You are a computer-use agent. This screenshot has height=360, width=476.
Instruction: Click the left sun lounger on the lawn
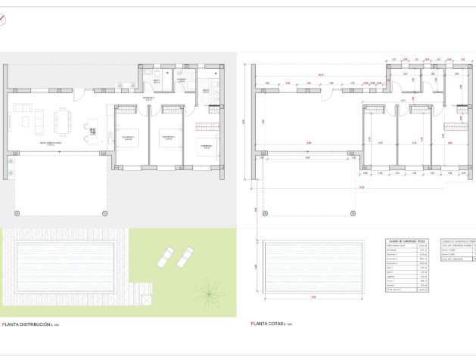[x=166, y=257]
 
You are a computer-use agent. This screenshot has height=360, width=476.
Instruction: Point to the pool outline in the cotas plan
[x=313, y=265]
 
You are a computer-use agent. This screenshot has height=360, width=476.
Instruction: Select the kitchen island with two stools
[x=92, y=130]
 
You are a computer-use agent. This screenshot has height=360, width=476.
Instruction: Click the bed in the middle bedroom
[x=166, y=138]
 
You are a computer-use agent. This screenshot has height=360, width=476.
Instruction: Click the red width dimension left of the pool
[x=257, y=265]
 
